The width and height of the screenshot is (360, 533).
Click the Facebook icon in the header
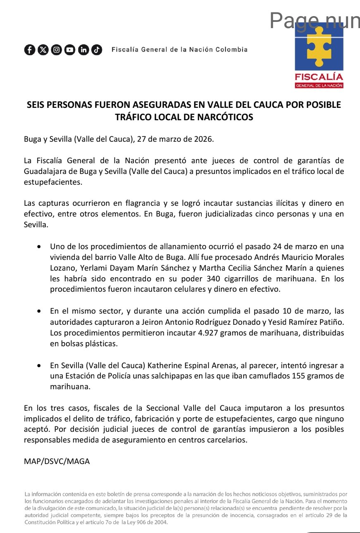tap(30, 50)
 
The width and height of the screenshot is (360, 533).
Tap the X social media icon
tap(43, 50)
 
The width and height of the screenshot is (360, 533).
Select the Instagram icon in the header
tap(57, 50)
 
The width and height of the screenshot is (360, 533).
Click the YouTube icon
tap(70, 50)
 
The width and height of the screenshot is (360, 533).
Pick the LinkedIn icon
tap(83, 50)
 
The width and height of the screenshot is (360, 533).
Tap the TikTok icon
tap(97, 50)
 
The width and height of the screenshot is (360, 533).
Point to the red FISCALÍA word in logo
tap(319, 76)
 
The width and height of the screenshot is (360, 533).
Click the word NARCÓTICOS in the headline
tap(225, 117)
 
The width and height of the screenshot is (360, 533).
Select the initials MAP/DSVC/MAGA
tap(57, 461)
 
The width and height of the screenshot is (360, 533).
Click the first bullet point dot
tap(39, 247)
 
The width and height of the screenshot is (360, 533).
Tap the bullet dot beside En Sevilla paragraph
tap(39, 366)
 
